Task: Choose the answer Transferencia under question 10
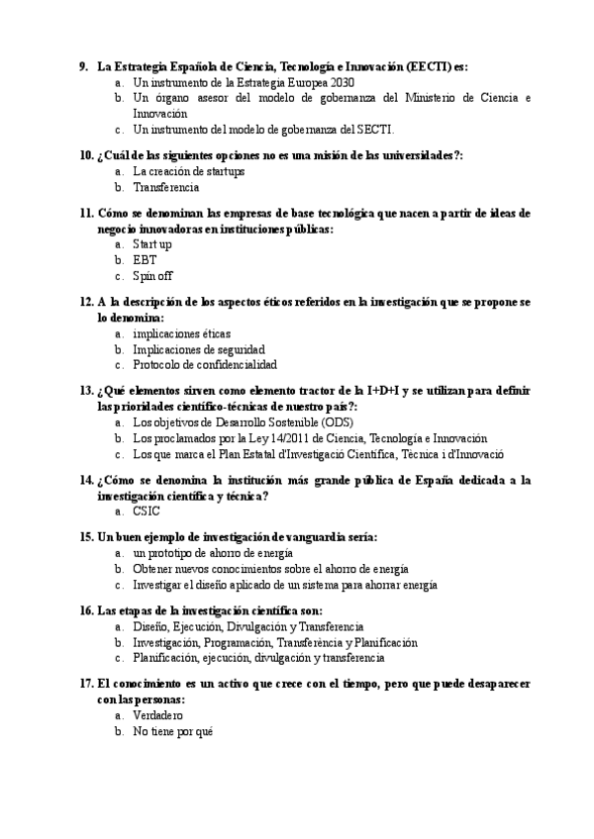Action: click(166, 186)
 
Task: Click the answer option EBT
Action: click(145, 260)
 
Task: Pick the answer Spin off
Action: click(152, 275)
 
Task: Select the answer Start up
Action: click(152, 244)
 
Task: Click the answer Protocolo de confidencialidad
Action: click(205, 364)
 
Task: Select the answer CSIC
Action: click(146, 512)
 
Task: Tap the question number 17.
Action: click(84, 685)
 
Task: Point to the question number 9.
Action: click(84, 67)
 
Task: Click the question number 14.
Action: click(84, 481)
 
